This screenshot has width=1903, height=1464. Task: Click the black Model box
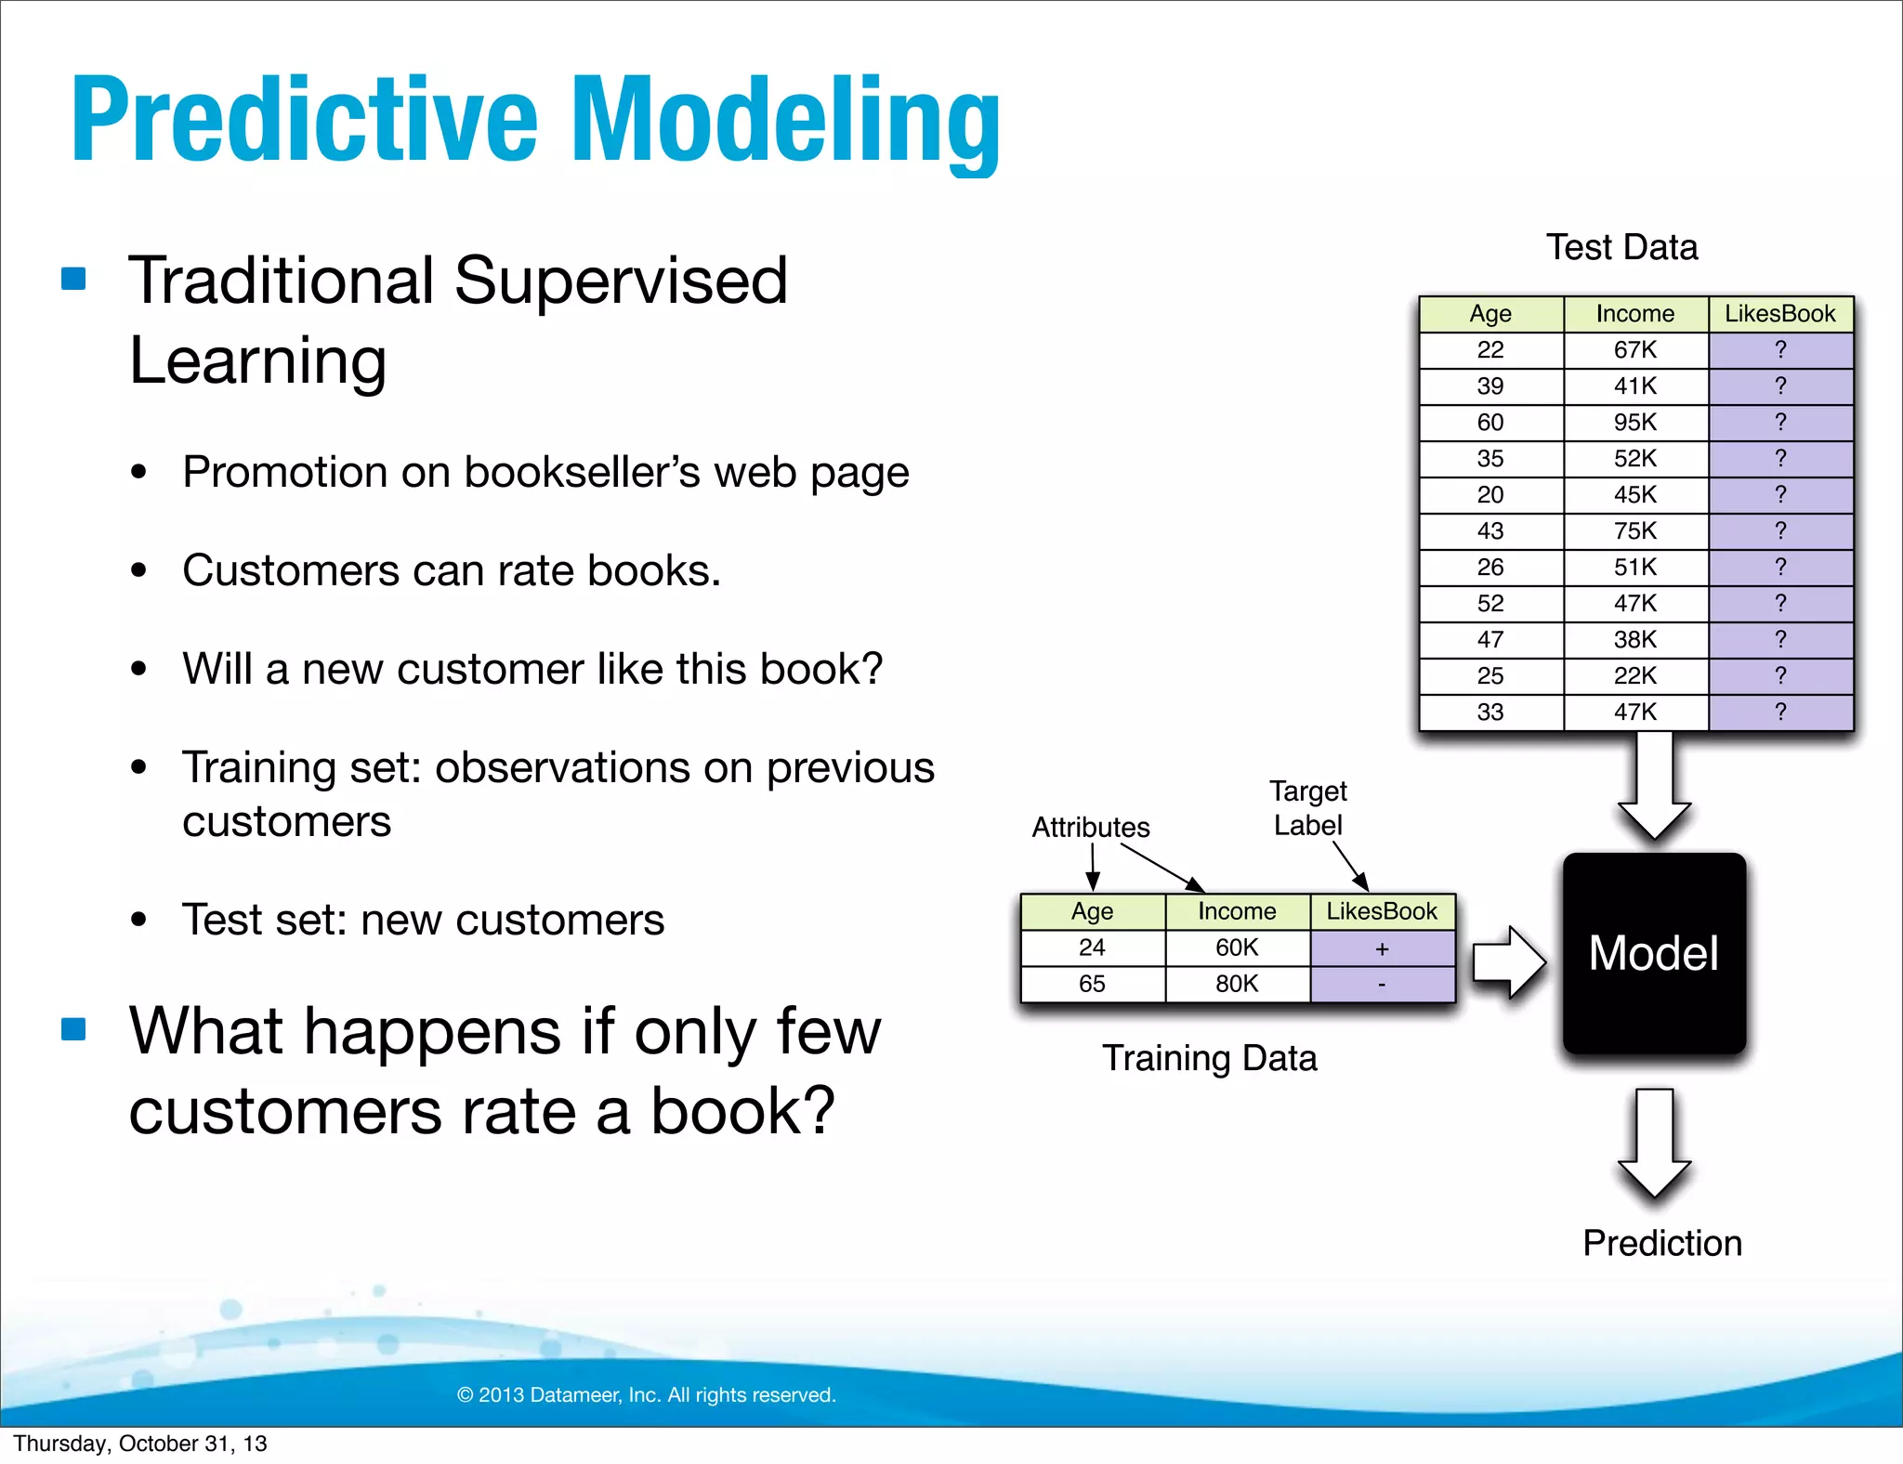pyautogui.click(x=1654, y=953)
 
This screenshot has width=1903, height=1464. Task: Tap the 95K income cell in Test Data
pyautogui.click(x=1635, y=422)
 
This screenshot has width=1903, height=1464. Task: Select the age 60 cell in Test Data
pyautogui.click(x=1490, y=422)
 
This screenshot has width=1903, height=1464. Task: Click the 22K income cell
pyautogui.click(x=1635, y=675)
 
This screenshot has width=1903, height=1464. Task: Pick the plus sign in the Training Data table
pyautogui.click(x=1382, y=948)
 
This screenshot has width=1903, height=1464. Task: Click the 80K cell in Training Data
pyautogui.click(x=1237, y=984)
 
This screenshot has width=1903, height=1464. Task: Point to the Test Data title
pyautogui.click(x=1621, y=247)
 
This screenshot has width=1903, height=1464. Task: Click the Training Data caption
pyautogui.click(x=1209, y=1058)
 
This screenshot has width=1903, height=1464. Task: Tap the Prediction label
pyautogui.click(x=1661, y=1243)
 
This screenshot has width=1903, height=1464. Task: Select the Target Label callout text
pyautogui.click(x=1307, y=807)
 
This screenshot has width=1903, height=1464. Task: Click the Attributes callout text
pyautogui.click(x=1091, y=827)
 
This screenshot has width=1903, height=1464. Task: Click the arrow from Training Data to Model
pyautogui.click(x=1508, y=961)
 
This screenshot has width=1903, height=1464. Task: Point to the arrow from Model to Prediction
pyautogui.click(x=1654, y=1143)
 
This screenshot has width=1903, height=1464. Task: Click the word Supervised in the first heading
pyautogui.click(x=621, y=281)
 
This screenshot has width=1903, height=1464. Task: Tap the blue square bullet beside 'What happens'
pyautogui.click(x=73, y=1029)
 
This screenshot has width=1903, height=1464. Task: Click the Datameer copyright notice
pyautogui.click(x=647, y=1394)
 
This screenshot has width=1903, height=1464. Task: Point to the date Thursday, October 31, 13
pyautogui.click(x=140, y=1444)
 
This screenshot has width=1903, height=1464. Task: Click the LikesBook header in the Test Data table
pyautogui.click(x=1779, y=314)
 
